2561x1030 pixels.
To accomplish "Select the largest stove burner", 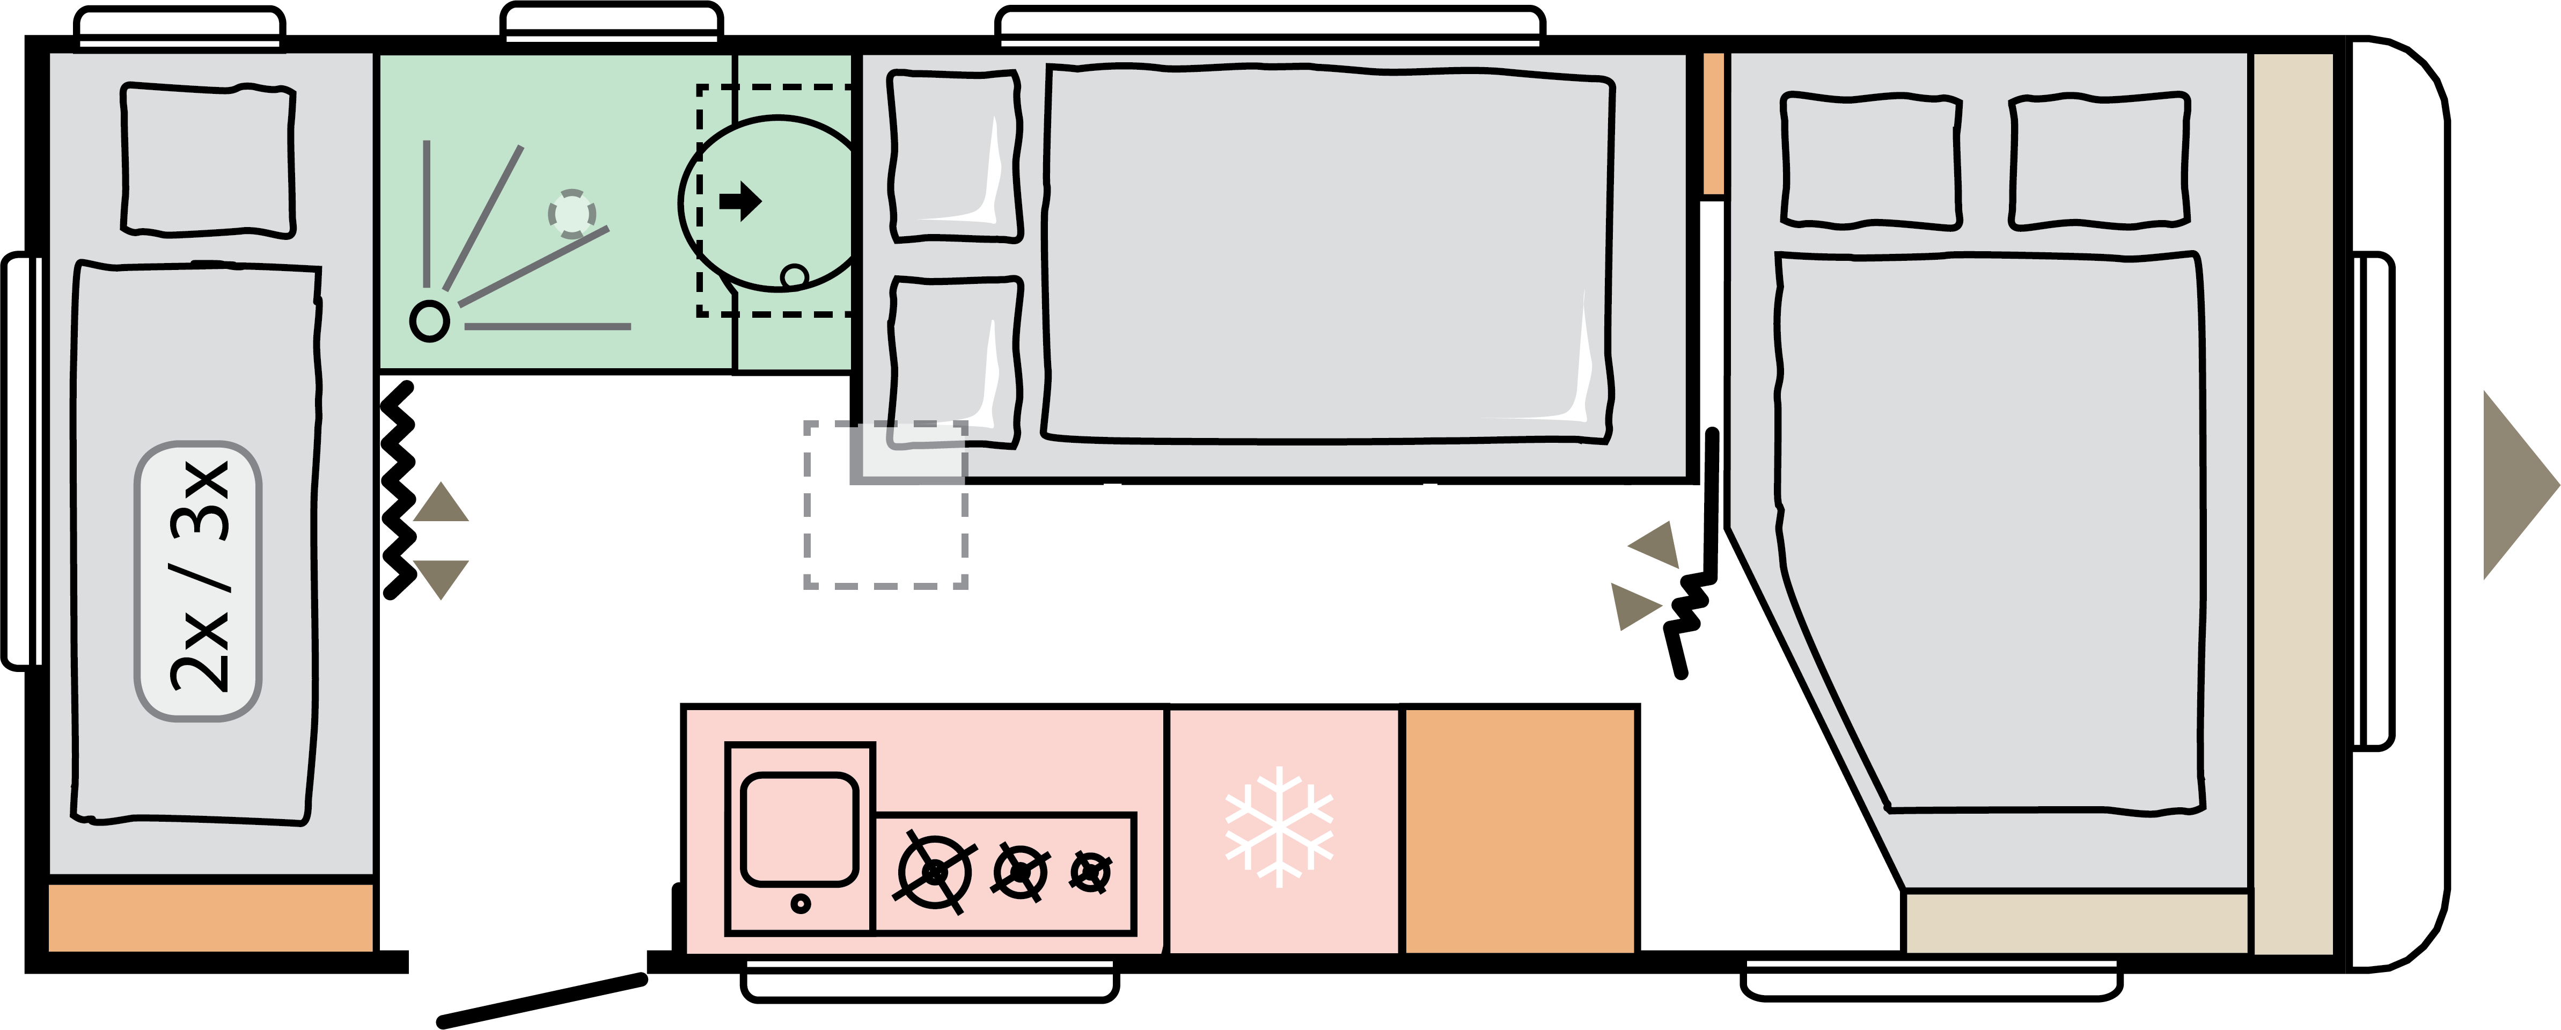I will click(x=935, y=872).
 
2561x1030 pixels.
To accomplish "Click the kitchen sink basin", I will click(x=799, y=828).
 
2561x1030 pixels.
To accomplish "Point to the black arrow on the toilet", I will click(x=740, y=201).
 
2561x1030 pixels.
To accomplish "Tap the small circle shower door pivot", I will click(x=429, y=321).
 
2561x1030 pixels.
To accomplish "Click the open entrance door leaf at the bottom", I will click(x=542, y=1000).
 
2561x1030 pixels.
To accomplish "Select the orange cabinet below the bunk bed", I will click(x=211, y=917).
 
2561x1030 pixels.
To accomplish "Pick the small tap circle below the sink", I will click(x=801, y=904).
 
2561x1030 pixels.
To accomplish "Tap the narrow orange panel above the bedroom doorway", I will click(x=1713, y=125).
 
